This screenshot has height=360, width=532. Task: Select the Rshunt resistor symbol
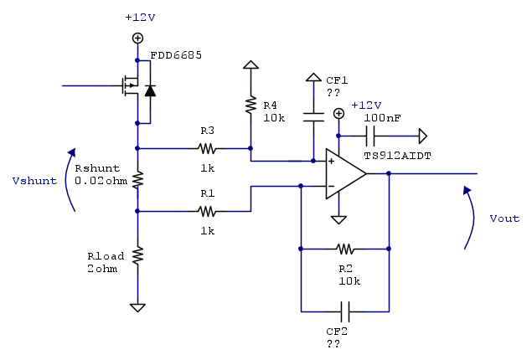138,180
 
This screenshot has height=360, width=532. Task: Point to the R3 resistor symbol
207,149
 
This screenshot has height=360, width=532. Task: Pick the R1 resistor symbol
207,212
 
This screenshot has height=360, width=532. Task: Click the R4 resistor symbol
250,105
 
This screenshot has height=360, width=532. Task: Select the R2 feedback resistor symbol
344,249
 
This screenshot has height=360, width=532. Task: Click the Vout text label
504,219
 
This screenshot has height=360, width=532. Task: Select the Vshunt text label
34,180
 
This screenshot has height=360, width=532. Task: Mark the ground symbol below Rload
138,307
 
